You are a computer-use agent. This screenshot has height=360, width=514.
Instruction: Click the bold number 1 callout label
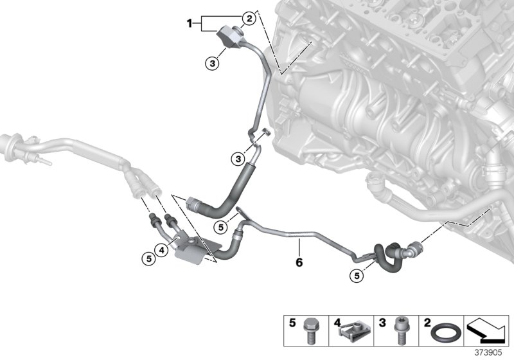(x=190, y=24)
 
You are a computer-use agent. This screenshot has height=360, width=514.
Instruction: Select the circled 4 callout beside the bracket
(x=163, y=251)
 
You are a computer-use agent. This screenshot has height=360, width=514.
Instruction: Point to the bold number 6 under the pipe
(x=299, y=262)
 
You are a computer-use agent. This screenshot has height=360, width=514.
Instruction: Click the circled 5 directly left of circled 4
(x=148, y=258)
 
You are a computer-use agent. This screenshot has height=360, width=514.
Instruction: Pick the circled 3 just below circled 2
(x=213, y=63)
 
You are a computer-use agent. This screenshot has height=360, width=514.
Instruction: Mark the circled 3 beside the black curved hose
(x=238, y=158)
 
